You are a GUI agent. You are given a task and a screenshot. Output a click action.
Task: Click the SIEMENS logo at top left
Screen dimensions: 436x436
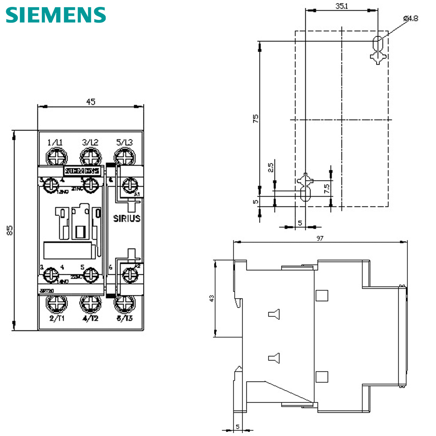pos(56,15)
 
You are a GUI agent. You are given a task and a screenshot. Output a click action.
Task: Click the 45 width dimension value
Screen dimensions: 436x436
pos(90,102)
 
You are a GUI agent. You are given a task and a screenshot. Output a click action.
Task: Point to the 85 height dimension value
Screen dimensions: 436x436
pos(10,230)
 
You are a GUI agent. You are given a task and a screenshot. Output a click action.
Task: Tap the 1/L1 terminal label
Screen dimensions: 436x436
pos(55,142)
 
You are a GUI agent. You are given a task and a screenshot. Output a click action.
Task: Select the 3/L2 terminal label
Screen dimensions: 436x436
pos(90,142)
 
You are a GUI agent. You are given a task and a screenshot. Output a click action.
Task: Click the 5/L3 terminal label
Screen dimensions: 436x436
pos(125,142)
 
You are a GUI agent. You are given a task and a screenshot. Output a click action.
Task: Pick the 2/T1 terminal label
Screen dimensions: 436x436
pos(57,319)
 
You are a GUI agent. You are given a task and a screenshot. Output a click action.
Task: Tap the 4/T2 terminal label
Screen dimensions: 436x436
pos(90,319)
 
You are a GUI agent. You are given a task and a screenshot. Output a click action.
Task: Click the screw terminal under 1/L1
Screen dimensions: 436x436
pos(57,158)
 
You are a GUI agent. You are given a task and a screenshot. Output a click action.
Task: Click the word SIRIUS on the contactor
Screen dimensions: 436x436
pos(127,218)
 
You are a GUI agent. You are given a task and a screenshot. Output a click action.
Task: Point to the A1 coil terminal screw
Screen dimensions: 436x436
pos(128,186)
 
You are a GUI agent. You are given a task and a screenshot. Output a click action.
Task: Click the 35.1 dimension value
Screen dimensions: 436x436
pos(342,6)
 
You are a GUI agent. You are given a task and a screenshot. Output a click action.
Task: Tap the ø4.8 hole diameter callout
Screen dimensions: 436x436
pos(410,18)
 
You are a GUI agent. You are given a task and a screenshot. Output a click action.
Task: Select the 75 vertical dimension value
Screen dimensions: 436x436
pos(256,118)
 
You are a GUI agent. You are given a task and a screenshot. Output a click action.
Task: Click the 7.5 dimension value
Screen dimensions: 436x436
pos(327,188)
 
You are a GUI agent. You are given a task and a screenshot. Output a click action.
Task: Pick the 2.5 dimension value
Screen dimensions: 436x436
pos(271,168)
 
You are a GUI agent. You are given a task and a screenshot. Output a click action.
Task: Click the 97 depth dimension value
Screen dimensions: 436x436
pos(320,239)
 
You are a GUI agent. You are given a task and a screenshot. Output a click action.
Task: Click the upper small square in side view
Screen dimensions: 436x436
pos(322,295)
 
